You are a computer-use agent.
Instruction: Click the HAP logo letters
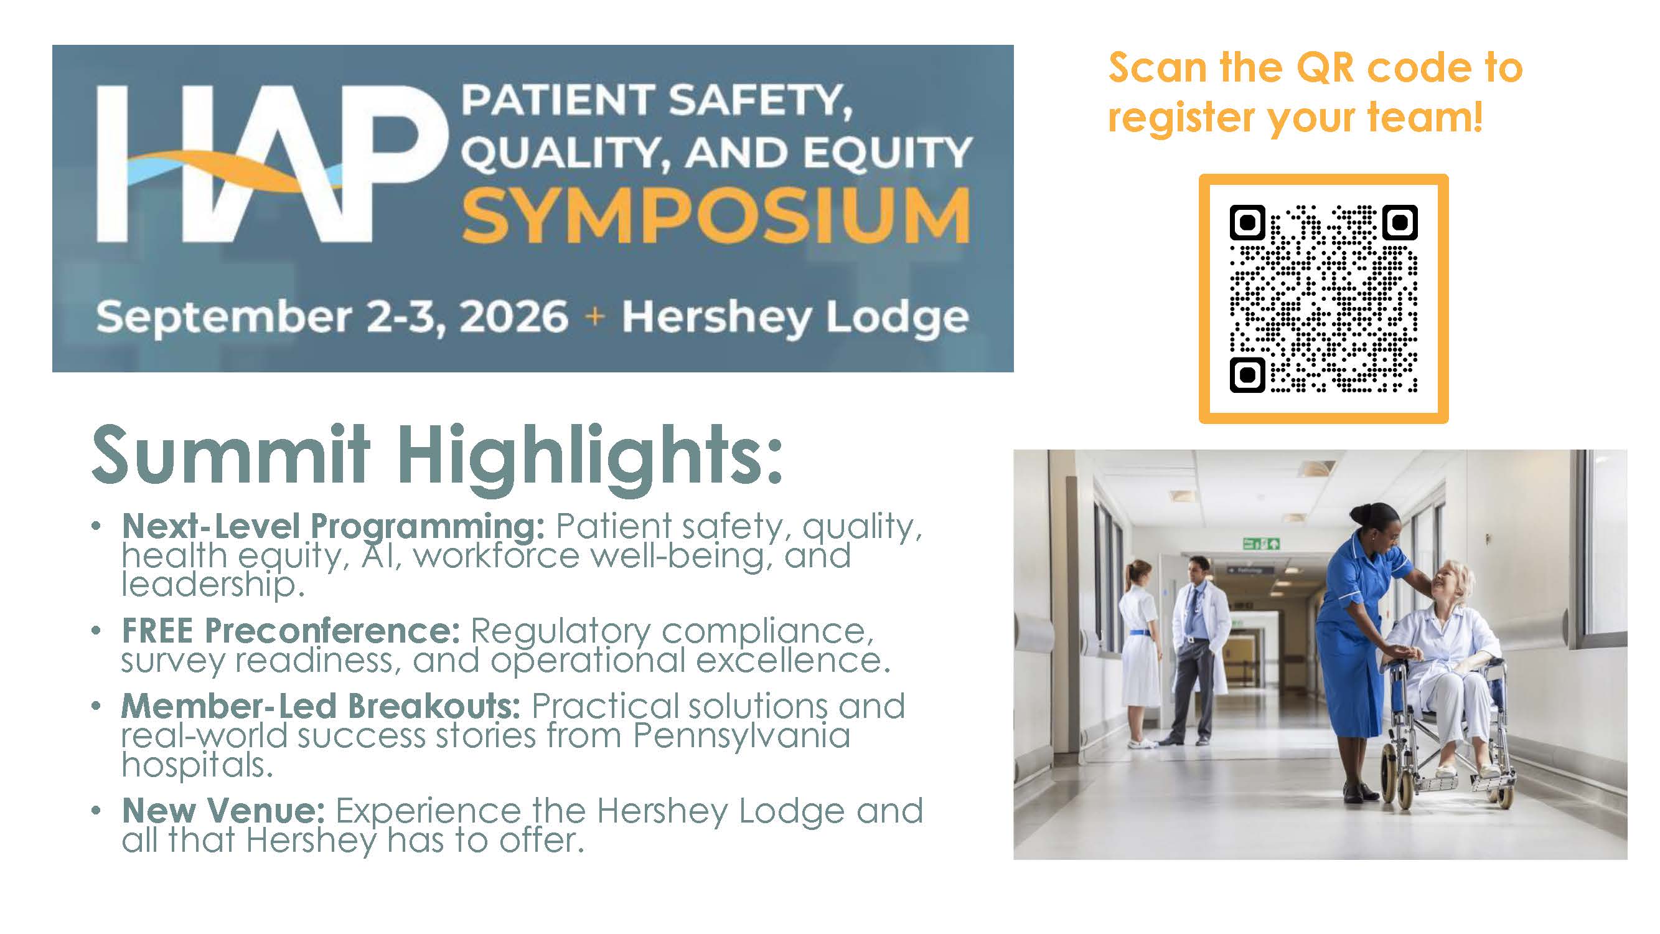[x=271, y=164]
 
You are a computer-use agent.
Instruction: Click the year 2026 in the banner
[x=513, y=316]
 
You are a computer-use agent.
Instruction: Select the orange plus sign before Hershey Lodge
[x=595, y=316]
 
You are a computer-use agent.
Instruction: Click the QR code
[x=1324, y=298]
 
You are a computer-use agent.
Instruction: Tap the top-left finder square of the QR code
[x=1247, y=223]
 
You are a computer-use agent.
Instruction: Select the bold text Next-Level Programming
[x=333, y=526]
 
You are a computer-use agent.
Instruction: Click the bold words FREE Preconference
[x=291, y=630]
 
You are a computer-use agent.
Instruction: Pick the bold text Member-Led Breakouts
[x=321, y=706]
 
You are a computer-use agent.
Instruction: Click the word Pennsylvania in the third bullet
[x=741, y=736]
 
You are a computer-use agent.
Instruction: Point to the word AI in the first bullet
[x=382, y=555]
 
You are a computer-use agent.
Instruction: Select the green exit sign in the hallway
[x=1261, y=544]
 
